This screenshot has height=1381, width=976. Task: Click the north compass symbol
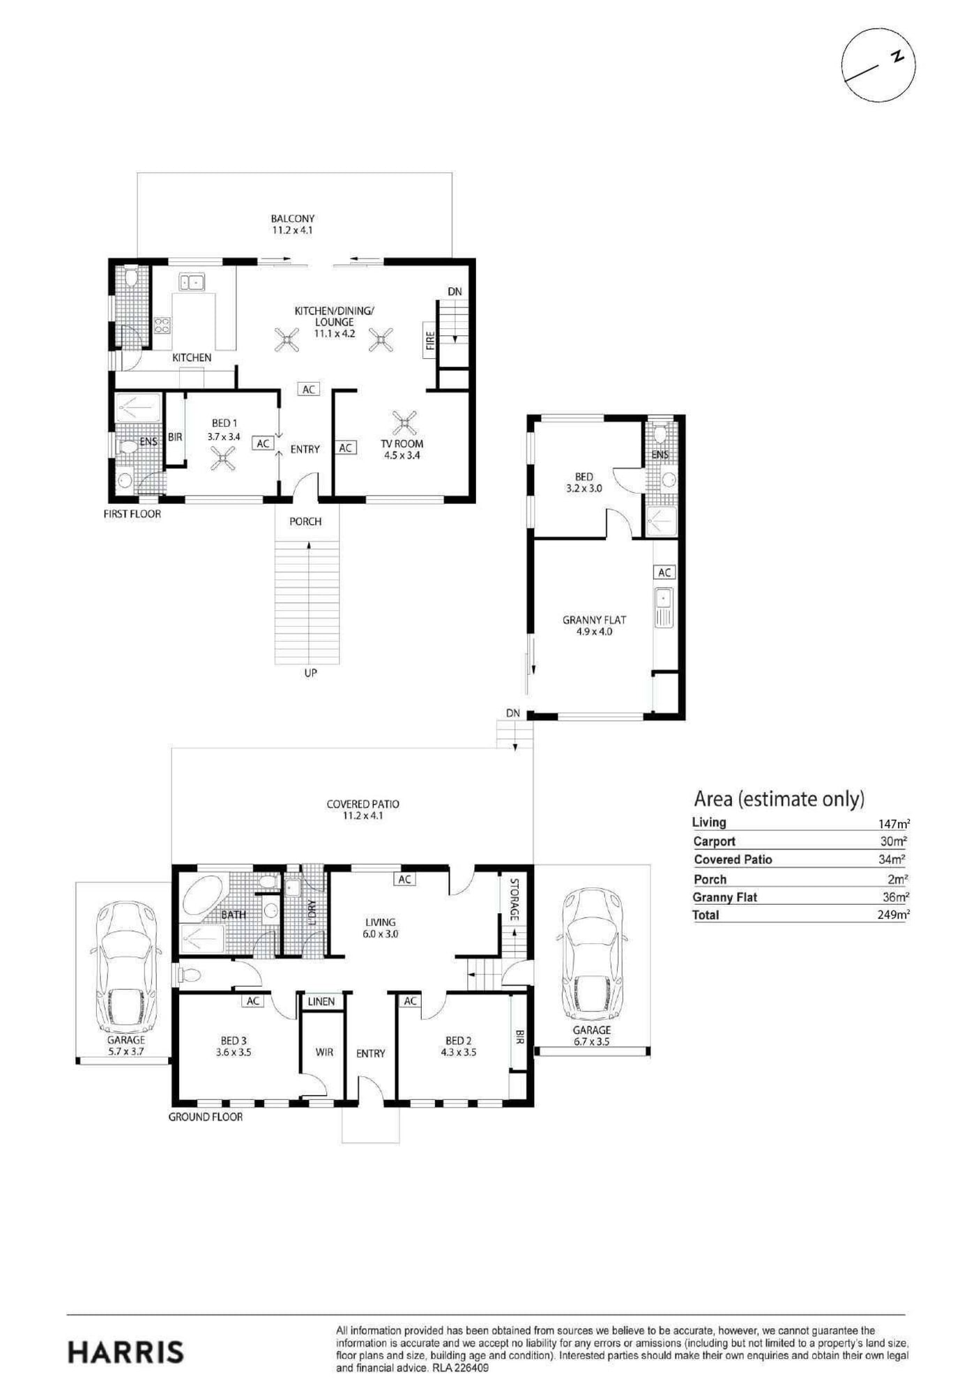click(x=878, y=65)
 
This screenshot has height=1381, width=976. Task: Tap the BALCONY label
click(x=293, y=218)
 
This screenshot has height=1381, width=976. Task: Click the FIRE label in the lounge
click(x=430, y=340)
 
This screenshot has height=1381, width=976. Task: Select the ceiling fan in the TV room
click(x=404, y=422)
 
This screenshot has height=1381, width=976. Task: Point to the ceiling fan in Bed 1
click(x=223, y=458)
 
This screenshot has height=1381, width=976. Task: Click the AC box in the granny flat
click(x=664, y=572)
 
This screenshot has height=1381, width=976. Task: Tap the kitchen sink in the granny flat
click(x=664, y=608)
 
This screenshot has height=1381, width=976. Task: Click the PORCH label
click(x=305, y=521)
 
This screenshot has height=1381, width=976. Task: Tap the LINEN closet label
click(x=321, y=1001)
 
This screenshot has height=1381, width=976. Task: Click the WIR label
click(x=324, y=1052)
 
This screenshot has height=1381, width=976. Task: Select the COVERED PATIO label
click(x=363, y=804)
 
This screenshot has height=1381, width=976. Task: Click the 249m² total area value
click(x=894, y=915)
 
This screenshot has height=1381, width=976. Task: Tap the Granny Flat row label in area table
click(x=724, y=897)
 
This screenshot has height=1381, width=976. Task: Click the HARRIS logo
click(x=126, y=1352)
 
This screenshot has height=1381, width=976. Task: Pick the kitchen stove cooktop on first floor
click(x=162, y=326)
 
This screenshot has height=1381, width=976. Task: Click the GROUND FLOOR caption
click(x=206, y=1117)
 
